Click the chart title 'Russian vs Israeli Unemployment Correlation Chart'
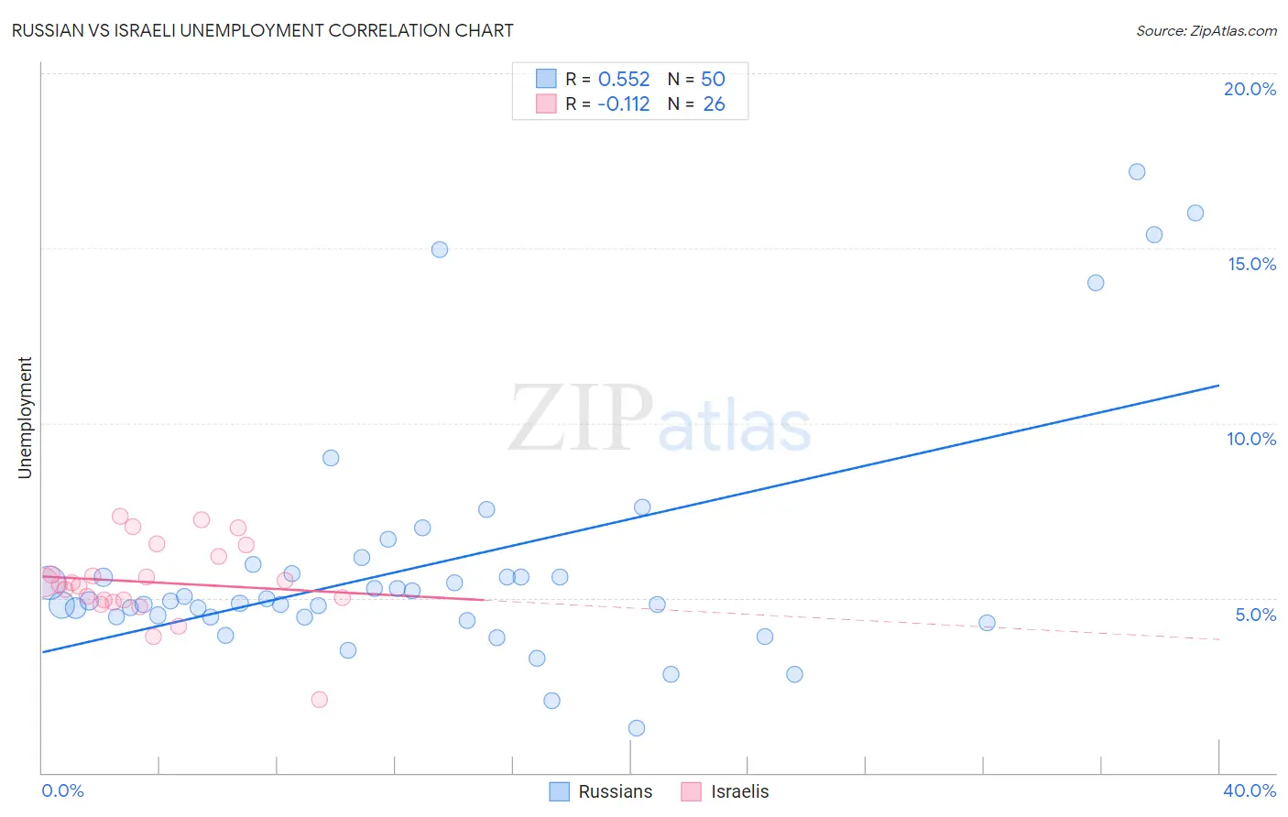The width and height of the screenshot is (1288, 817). [262, 30]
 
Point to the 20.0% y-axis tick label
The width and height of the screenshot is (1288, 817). [1250, 89]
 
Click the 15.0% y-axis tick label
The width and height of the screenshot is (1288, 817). [1251, 264]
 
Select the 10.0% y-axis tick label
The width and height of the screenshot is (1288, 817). [1251, 439]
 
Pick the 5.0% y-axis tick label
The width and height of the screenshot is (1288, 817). [1255, 615]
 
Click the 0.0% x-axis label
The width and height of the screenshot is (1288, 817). [62, 790]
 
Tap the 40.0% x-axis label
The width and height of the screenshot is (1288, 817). [1249, 790]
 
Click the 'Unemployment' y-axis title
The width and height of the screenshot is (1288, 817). [25, 418]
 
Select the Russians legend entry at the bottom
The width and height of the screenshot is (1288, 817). [602, 791]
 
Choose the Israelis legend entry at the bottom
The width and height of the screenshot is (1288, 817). [726, 791]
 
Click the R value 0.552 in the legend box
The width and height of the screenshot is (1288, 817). [623, 80]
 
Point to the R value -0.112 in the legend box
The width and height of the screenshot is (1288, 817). [623, 104]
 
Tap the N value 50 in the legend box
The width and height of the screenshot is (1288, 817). [713, 80]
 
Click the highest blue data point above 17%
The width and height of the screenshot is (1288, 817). [1137, 172]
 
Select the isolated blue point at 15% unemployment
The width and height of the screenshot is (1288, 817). [440, 249]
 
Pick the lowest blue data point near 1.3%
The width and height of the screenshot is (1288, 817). [637, 728]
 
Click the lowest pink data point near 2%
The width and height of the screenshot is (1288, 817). [320, 700]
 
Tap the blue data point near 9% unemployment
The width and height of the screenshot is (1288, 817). [331, 458]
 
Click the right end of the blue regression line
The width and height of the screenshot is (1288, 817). [1218, 386]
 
